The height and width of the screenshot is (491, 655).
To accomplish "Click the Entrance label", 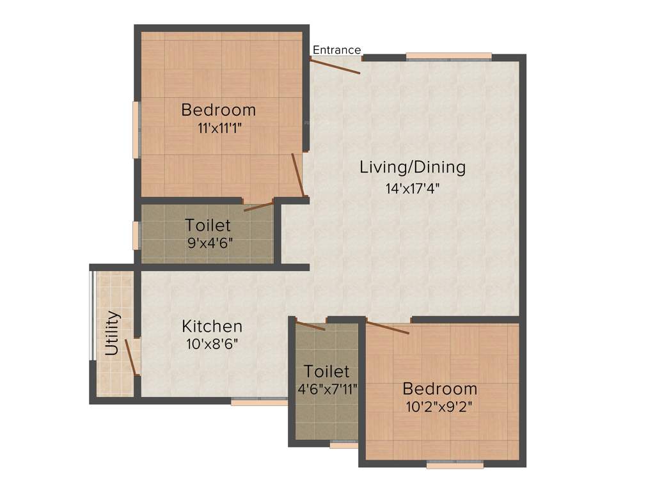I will tap(336, 50).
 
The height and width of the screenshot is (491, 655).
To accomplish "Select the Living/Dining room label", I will tap(413, 168).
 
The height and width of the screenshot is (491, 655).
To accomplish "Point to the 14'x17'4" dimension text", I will tap(413, 189).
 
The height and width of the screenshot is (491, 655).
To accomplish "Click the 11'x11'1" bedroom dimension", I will tap(219, 127).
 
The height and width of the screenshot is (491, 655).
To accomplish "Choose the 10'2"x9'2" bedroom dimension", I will tap(440, 405).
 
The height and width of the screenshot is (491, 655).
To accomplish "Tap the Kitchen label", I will tap(212, 325).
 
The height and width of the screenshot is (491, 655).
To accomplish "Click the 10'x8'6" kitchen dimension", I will tap(212, 343).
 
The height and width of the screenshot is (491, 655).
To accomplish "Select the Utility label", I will tap(113, 332).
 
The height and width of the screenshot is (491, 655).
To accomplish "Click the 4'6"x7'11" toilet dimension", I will tap(327, 387).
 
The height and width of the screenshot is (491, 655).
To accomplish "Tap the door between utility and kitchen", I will tap(132, 357).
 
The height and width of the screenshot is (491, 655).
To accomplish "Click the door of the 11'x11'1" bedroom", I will tap(297, 174).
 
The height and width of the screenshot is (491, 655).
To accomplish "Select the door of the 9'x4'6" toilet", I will tap(258, 206).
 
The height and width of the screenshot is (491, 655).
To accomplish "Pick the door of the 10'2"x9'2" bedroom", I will tap(387, 327).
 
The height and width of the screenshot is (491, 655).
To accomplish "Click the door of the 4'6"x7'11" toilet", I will tap(311, 325).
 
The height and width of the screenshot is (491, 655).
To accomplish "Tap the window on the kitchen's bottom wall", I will tap(259, 402).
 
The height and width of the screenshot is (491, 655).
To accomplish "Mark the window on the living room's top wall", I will tap(449, 56).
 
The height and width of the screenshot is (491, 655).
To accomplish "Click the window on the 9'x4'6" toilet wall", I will tap(136, 235).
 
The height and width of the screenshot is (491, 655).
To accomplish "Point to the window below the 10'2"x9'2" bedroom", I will tap(455, 465).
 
